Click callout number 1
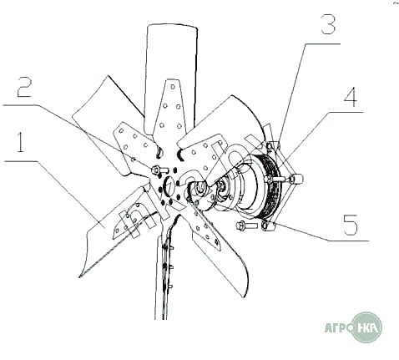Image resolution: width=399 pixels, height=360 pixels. point(20,142)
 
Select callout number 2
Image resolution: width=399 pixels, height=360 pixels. point(25,87)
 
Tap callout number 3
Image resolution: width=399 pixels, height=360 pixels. point(328,24)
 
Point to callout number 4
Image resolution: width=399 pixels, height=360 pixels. point(351,97)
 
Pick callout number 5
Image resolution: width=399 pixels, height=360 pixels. point(351,225)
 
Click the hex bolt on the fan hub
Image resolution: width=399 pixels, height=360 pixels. point(159,170)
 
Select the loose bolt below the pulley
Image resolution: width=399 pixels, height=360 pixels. point(247,225)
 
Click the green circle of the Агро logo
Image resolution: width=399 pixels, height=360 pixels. point(366,327)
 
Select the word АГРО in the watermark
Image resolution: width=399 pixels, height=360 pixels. point(339,327)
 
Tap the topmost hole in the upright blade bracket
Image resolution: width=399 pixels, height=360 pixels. point(173,87)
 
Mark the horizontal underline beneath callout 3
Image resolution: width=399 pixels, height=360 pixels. point(322,44)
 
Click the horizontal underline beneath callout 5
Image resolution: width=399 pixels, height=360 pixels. point(348,240)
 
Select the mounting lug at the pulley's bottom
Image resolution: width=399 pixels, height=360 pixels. point(269,226)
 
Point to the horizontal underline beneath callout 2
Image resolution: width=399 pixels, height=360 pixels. point(20,105)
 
